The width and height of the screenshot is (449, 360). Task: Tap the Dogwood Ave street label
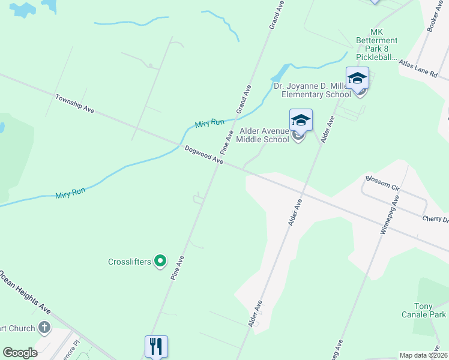pyautogui.click(x=204, y=155)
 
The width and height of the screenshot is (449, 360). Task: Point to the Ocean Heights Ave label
pyautogui.click(x=25, y=293)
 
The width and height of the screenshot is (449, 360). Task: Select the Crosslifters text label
pyautogui.click(x=129, y=262)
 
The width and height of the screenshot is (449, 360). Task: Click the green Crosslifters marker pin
pyautogui.click(x=160, y=261)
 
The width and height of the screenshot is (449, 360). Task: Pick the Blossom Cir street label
pyautogui.click(x=382, y=183)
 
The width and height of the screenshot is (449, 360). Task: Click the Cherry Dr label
pyautogui.click(x=435, y=220)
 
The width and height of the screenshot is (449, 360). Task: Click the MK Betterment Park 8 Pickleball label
pyautogui.click(x=377, y=44)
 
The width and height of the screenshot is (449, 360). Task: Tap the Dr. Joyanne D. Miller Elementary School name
pyautogui.click(x=312, y=90)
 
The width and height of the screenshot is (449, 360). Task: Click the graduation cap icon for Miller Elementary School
pyautogui.click(x=358, y=79)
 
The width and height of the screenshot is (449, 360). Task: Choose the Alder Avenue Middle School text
pyautogui.click(x=265, y=135)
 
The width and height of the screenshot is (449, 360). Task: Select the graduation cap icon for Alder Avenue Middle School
pyautogui.click(x=301, y=120)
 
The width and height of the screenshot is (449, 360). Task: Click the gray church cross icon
pyautogui.click(x=44, y=328)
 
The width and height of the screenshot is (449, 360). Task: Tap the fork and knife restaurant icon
pyautogui.click(x=155, y=346)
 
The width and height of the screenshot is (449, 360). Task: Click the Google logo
pyautogui.click(x=20, y=353)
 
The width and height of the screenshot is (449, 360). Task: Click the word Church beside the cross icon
pyautogui.click(x=17, y=328)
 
